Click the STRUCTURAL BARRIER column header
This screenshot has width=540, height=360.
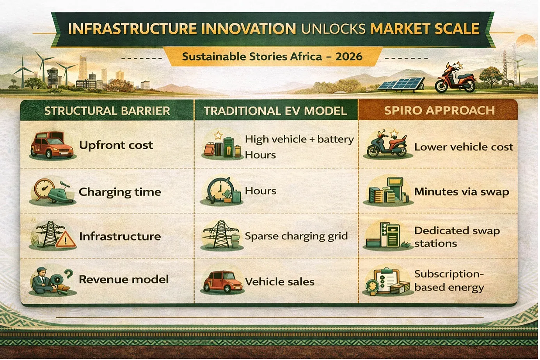coord(107,111)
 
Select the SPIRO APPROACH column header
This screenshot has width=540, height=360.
coord(439,110)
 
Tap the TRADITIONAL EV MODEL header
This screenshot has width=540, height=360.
coord(275,111)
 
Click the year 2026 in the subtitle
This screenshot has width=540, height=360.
coord(349,57)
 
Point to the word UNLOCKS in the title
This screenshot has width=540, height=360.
coord(333,29)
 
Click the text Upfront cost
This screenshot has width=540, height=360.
coord(116,145)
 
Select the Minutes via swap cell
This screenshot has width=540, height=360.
coord(462,192)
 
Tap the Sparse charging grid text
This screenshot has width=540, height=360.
coord(296,236)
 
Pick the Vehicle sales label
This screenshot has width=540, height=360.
coord(280,282)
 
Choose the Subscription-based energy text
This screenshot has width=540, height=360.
coord(449,281)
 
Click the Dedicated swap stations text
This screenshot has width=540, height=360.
coord(457,237)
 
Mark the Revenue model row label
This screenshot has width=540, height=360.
coord(124,280)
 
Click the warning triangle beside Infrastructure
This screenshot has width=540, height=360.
coord(66,240)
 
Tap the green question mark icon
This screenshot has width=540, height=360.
coord(69,274)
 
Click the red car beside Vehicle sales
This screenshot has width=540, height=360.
coord(223,282)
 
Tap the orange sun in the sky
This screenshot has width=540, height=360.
coord(526,40)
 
